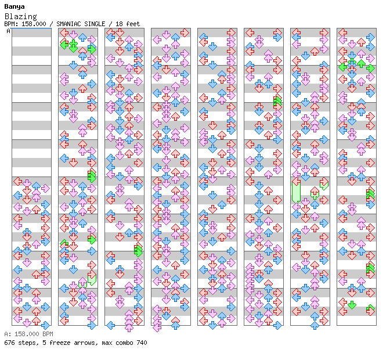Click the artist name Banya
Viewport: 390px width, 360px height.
click(14, 6)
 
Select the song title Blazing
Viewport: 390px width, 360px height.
click(20, 17)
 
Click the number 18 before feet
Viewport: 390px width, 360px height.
click(120, 24)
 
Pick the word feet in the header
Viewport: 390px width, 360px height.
click(133, 24)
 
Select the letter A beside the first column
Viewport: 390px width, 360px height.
click(9, 31)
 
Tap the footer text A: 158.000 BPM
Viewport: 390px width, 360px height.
click(28, 334)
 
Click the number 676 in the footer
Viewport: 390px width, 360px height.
click(9, 343)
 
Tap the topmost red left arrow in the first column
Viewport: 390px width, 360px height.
click(18, 181)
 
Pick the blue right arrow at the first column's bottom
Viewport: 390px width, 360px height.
click(45, 325)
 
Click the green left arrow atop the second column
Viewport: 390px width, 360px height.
click(64, 43)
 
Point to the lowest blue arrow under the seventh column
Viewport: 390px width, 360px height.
click(315, 325)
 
